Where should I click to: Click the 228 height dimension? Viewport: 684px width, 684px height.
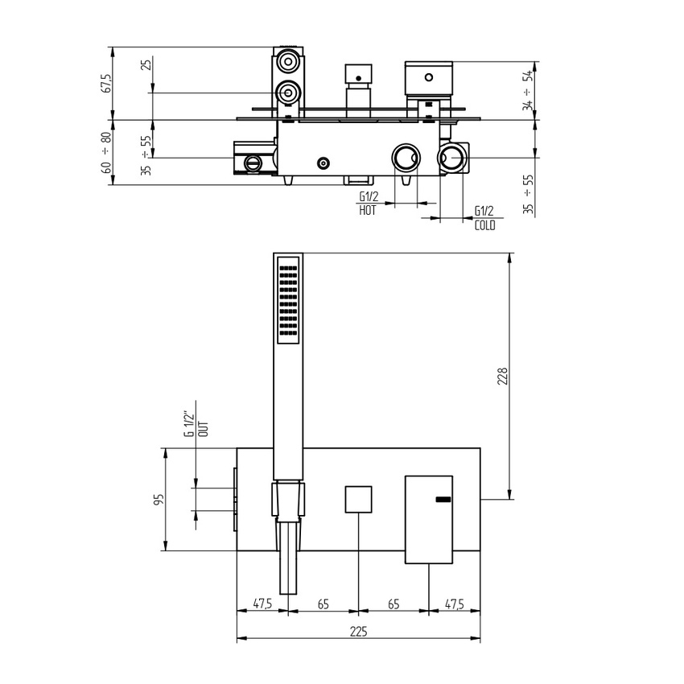pyautogui.click(x=502, y=377)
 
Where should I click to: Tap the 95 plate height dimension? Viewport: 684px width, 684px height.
pyautogui.click(x=159, y=500)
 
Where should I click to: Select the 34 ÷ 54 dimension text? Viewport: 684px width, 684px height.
pyautogui.click(x=527, y=90)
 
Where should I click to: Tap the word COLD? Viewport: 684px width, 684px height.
pyautogui.click(x=484, y=225)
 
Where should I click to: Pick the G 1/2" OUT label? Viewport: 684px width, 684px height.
pyautogui.click(x=196, y=425)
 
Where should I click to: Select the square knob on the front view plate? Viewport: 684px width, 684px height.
pyautogui.click(x=358, y=500)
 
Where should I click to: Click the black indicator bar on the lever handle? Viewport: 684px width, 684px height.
pyautogui.click(x=443, y=501)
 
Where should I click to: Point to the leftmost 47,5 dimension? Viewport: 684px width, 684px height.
pyautogui.click(x=262, y=603)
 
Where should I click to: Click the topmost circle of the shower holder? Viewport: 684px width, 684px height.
pyautogui.click(x=288, y=61)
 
